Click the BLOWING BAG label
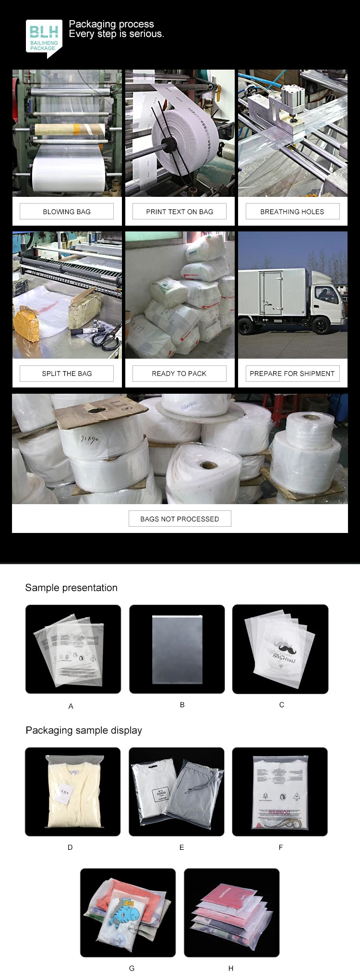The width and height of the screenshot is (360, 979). [67, 212]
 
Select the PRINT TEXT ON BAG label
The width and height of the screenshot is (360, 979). [180, 212]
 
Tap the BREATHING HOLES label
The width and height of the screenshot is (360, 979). [292, 212]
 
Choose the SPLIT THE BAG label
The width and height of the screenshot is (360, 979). [67, 374]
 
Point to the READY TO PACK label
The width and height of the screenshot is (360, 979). [180, 374]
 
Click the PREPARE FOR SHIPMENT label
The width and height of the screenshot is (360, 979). [292, 374]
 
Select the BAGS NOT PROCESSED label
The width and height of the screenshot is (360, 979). [180, 519]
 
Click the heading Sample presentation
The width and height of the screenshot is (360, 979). [71, 588]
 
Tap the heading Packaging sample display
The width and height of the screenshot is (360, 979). [84, 730]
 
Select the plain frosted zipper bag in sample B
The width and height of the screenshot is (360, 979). [177, 649]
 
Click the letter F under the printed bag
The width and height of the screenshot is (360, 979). [281, 847]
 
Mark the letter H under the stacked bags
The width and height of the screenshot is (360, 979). [231, 968]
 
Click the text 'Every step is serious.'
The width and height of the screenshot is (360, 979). [117, 34]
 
